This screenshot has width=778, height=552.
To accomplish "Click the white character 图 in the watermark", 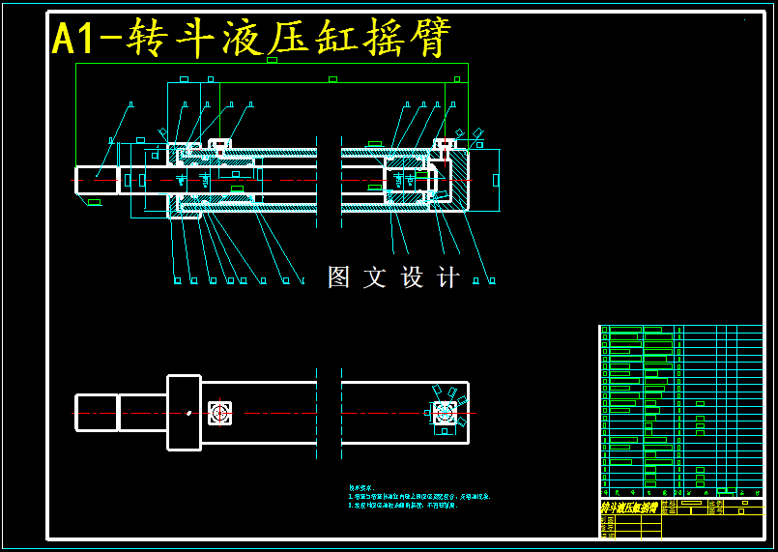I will pos(338,277).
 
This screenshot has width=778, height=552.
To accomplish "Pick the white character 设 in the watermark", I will pos(413,277).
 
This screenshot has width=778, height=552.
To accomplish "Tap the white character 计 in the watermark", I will pos(448,277).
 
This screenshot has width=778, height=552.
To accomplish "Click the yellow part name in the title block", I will pos(628,508).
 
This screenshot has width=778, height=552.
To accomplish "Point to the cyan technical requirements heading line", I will pos(360,487).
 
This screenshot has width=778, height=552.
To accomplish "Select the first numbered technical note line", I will pos(418,496).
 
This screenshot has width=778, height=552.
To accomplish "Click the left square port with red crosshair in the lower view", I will pos(220,413).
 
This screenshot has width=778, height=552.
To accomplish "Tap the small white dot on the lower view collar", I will pos(189,413).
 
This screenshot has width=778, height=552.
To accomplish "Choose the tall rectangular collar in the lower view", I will pos(184,413).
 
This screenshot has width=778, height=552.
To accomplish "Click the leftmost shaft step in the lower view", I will pos(97,413).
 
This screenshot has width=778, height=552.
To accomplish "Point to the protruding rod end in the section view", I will pos(97,180).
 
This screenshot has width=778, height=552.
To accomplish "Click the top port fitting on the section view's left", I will pos(219,146).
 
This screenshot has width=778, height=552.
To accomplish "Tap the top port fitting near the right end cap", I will pos(445,146).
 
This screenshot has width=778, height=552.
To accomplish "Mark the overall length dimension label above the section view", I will pos(272,60).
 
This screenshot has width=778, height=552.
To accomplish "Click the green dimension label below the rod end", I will pos(94,202).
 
